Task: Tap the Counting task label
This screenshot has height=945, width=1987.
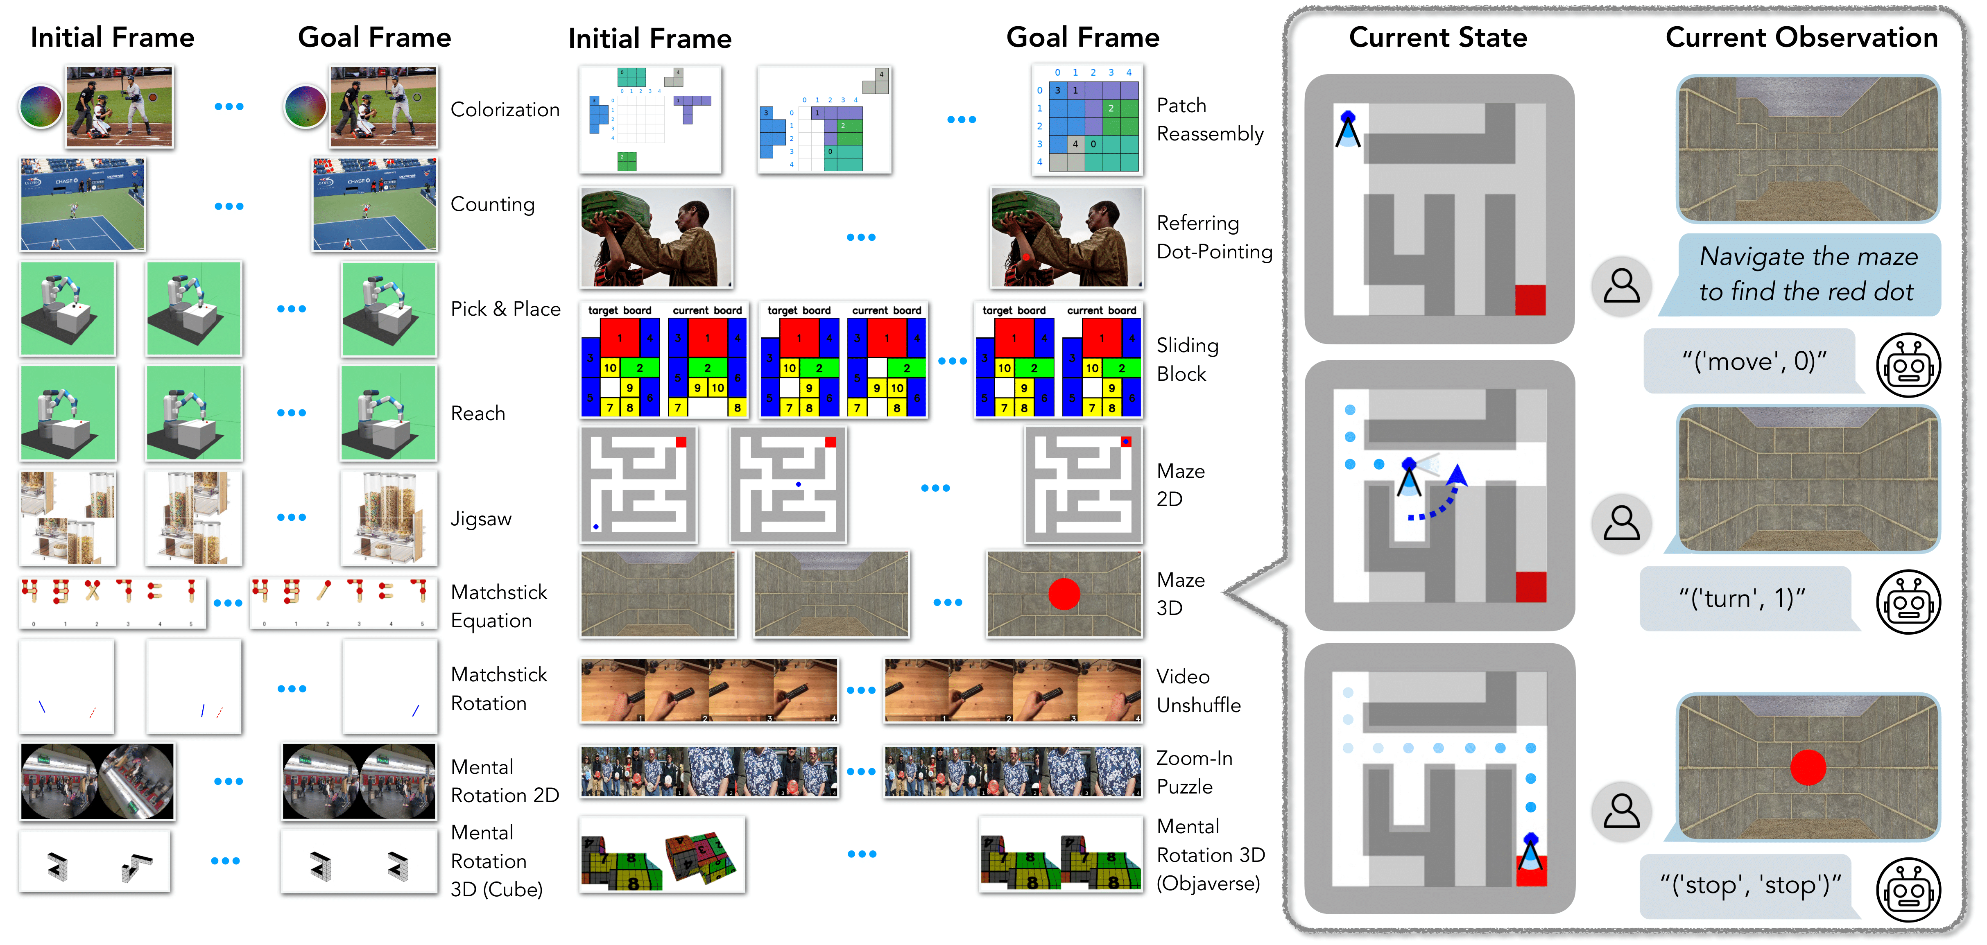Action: (x=492, y=204)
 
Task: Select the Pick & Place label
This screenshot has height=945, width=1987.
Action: (x=505, y=309)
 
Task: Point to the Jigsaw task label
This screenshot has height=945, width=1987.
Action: (x=480, y=518)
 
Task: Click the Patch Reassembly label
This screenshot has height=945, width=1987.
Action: (x=1209, y=120)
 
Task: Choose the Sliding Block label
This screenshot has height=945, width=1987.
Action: (x=1187, y=359)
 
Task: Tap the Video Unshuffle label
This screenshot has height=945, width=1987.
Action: (x=1198, y=690)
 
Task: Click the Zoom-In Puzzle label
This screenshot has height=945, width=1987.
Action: (x=1194, y=772)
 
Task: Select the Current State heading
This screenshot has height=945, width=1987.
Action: (x=1438, y=37)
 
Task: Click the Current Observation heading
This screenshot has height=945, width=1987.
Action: (x=1801, y=37)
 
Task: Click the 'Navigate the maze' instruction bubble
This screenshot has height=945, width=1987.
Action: (x=1807, y=274)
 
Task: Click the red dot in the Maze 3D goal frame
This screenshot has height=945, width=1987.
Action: (x=1064, y=594)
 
